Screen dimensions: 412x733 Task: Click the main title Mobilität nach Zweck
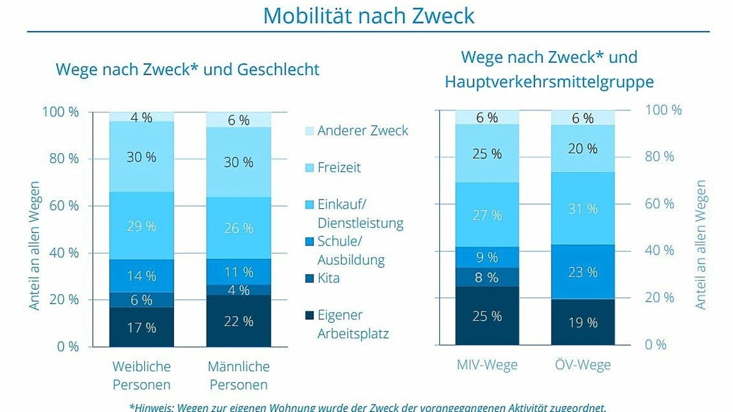pyautogui.click(x=368, y=16)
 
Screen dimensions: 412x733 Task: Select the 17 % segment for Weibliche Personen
pyautogui.click(x=142, y=327)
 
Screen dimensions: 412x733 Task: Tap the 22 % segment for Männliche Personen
pyautogui.click(x=238, y=321)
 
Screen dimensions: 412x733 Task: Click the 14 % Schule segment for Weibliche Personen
pyautogui.click(x=142, y=275)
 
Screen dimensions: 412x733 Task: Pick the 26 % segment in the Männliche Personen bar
pyautogui.click(x=238, y=228)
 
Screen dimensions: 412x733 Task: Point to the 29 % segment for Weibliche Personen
pyautogui.click(x=142, y=226)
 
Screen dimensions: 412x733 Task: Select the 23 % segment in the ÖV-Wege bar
pyautogui.click(x=583, y=272)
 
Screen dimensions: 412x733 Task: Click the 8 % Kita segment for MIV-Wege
pyautogui.click(x=487, y=277)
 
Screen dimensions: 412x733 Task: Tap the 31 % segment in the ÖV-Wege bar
pyautogui.click(x=583, y=208)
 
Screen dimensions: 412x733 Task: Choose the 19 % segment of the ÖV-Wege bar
pyautogui.click(x=583, y=322)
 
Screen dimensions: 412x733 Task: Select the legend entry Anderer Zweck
pyautogui.click(x=362, y=131)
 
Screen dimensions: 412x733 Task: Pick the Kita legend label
pyautogui.click(x=329, y=278)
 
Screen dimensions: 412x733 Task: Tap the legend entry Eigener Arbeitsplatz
pyautogui.click(x=352, y=324)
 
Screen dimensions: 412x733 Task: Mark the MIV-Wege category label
pyautogui.click(x=487, y=365)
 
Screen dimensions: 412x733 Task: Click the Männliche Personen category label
pyautogui.click(x=238, y=375)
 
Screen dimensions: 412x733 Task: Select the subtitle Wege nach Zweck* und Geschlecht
pyautogui.click(x=188, y=69)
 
